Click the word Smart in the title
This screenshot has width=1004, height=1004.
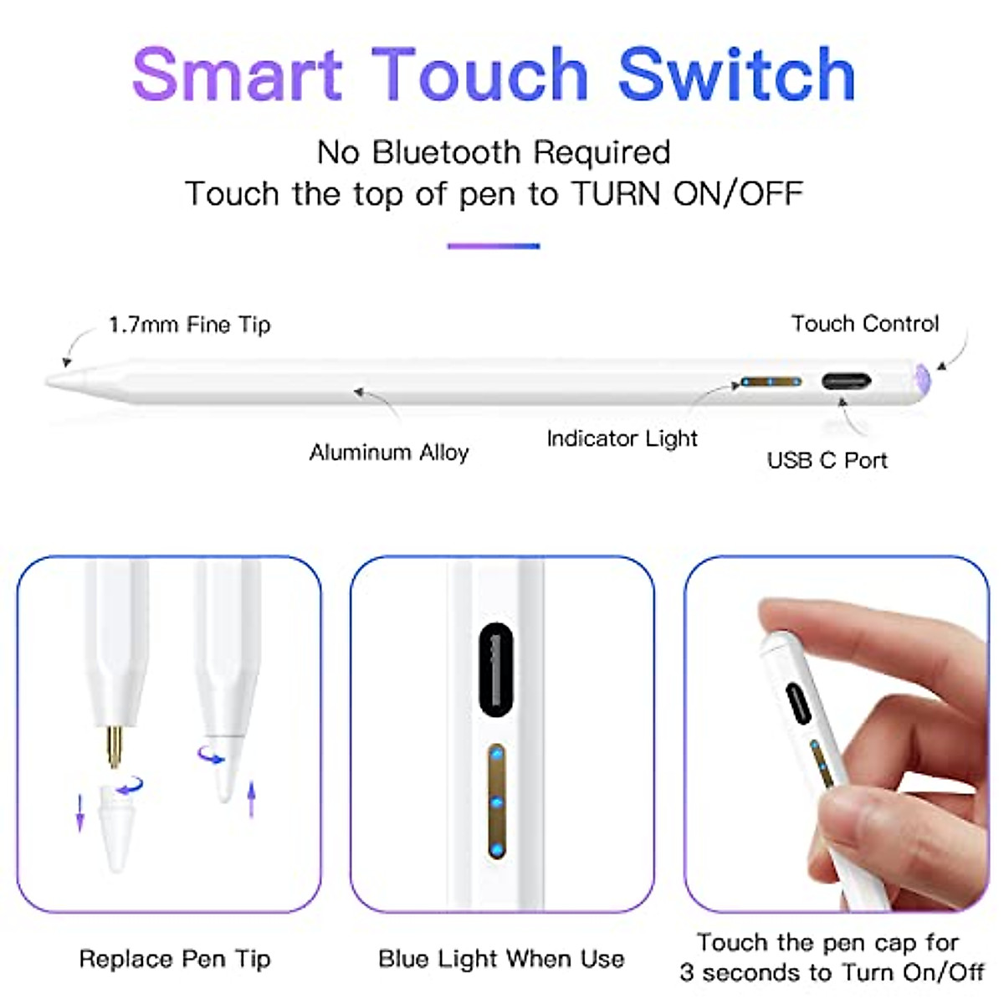(x=237, y=75)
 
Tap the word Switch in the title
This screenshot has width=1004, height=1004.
(x=736, y=75)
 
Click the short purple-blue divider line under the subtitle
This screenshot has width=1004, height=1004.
(x=494, y=246)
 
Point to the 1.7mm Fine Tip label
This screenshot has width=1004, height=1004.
(x=190, y=325)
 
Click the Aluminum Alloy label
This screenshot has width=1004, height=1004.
(x=389, y=453)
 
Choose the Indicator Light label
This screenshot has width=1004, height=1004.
(x=622, y=438)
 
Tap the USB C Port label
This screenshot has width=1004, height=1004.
(x=827, y=460)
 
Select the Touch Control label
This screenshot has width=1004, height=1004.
(x=865, y=324)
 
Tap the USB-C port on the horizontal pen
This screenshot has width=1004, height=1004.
(x=846, y=382)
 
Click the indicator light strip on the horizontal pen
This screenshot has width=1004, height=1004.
(x=770, y=382)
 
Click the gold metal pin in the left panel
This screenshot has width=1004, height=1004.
(x=115, y=746)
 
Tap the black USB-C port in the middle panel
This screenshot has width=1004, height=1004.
(x=496, y=669)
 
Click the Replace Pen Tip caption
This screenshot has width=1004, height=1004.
(x=175, y=959)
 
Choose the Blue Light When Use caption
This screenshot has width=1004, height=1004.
(x=501, y=959)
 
